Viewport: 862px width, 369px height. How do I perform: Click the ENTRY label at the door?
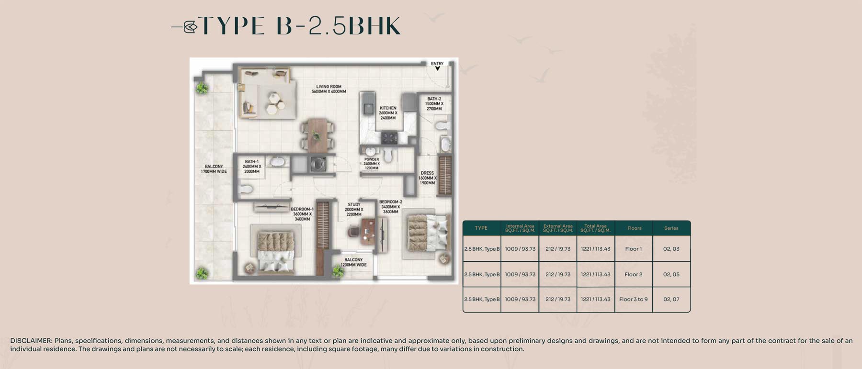coord(437,63)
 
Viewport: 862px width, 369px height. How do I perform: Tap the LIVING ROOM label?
coord(329,89)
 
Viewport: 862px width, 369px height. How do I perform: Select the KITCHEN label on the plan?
coord(388,113)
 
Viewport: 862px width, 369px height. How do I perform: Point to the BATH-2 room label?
coord(434,104)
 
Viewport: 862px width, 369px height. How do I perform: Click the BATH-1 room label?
coord(252,167)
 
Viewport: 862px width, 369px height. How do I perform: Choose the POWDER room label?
coord(372,164)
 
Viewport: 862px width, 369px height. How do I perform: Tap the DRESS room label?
coord(427,178)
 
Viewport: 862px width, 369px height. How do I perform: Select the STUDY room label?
coord(354,210)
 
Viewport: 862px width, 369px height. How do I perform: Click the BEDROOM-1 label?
coord(302,214)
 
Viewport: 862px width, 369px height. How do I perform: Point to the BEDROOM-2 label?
coord(391,207)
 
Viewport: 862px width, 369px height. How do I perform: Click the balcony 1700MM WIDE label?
coord(214,169)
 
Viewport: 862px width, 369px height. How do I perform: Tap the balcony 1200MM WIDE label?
coord(353,262)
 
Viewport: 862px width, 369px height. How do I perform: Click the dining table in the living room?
coord(316,134)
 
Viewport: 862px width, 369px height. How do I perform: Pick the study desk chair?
coord(354,232)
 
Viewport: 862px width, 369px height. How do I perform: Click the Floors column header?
coord(634,228)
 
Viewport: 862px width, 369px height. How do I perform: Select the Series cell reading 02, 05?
coord(671,275)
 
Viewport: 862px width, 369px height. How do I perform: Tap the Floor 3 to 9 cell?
coord(633,300)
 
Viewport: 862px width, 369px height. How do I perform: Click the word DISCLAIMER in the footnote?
coord(31,341)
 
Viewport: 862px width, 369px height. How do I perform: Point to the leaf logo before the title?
coord(190,27)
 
